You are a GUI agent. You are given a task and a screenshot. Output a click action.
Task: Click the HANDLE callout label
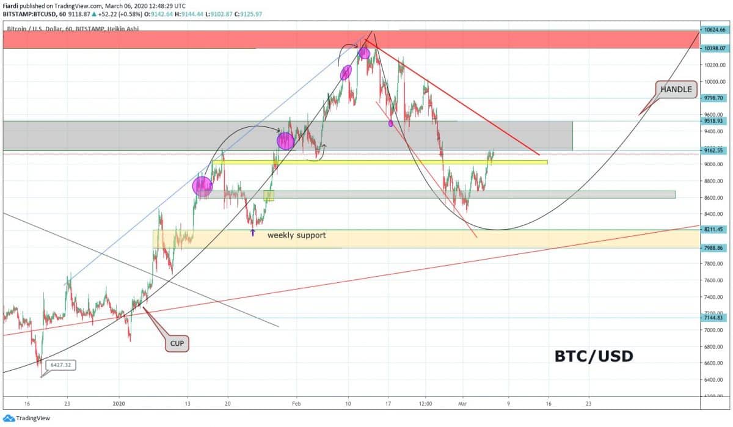coord(676,89)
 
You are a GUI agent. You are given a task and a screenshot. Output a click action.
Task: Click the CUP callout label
coord(177,344)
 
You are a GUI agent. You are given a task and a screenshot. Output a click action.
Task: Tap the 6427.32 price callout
coord(60,365)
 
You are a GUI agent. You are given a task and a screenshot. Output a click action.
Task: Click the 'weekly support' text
coord(296,235)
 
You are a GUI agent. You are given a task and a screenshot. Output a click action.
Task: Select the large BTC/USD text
coord(593,356)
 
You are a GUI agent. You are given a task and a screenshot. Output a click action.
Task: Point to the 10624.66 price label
coord(714,29)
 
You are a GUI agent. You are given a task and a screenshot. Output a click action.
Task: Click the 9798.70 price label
coord(714,98)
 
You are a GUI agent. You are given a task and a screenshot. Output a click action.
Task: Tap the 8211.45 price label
coord(714,230)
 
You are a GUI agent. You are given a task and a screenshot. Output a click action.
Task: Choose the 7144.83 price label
coord(714,318)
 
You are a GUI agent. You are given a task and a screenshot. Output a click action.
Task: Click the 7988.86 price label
coord(714,248)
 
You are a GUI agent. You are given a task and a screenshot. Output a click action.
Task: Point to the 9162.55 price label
coord(714,150)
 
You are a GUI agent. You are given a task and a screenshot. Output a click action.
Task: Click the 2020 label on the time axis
coord(120,404)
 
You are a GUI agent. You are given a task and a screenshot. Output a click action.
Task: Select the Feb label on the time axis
coord(296,404)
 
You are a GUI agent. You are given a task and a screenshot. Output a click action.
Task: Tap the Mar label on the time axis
coord(463,404)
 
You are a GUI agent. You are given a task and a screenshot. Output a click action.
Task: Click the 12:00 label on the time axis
coord(426,404)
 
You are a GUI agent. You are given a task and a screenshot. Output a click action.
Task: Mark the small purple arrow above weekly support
coord(253,232)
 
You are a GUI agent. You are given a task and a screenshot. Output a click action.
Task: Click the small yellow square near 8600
coord(269,195)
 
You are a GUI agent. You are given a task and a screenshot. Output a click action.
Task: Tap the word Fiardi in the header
coord(12,5)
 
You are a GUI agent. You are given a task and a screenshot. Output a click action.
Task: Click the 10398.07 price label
coord(714,48)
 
